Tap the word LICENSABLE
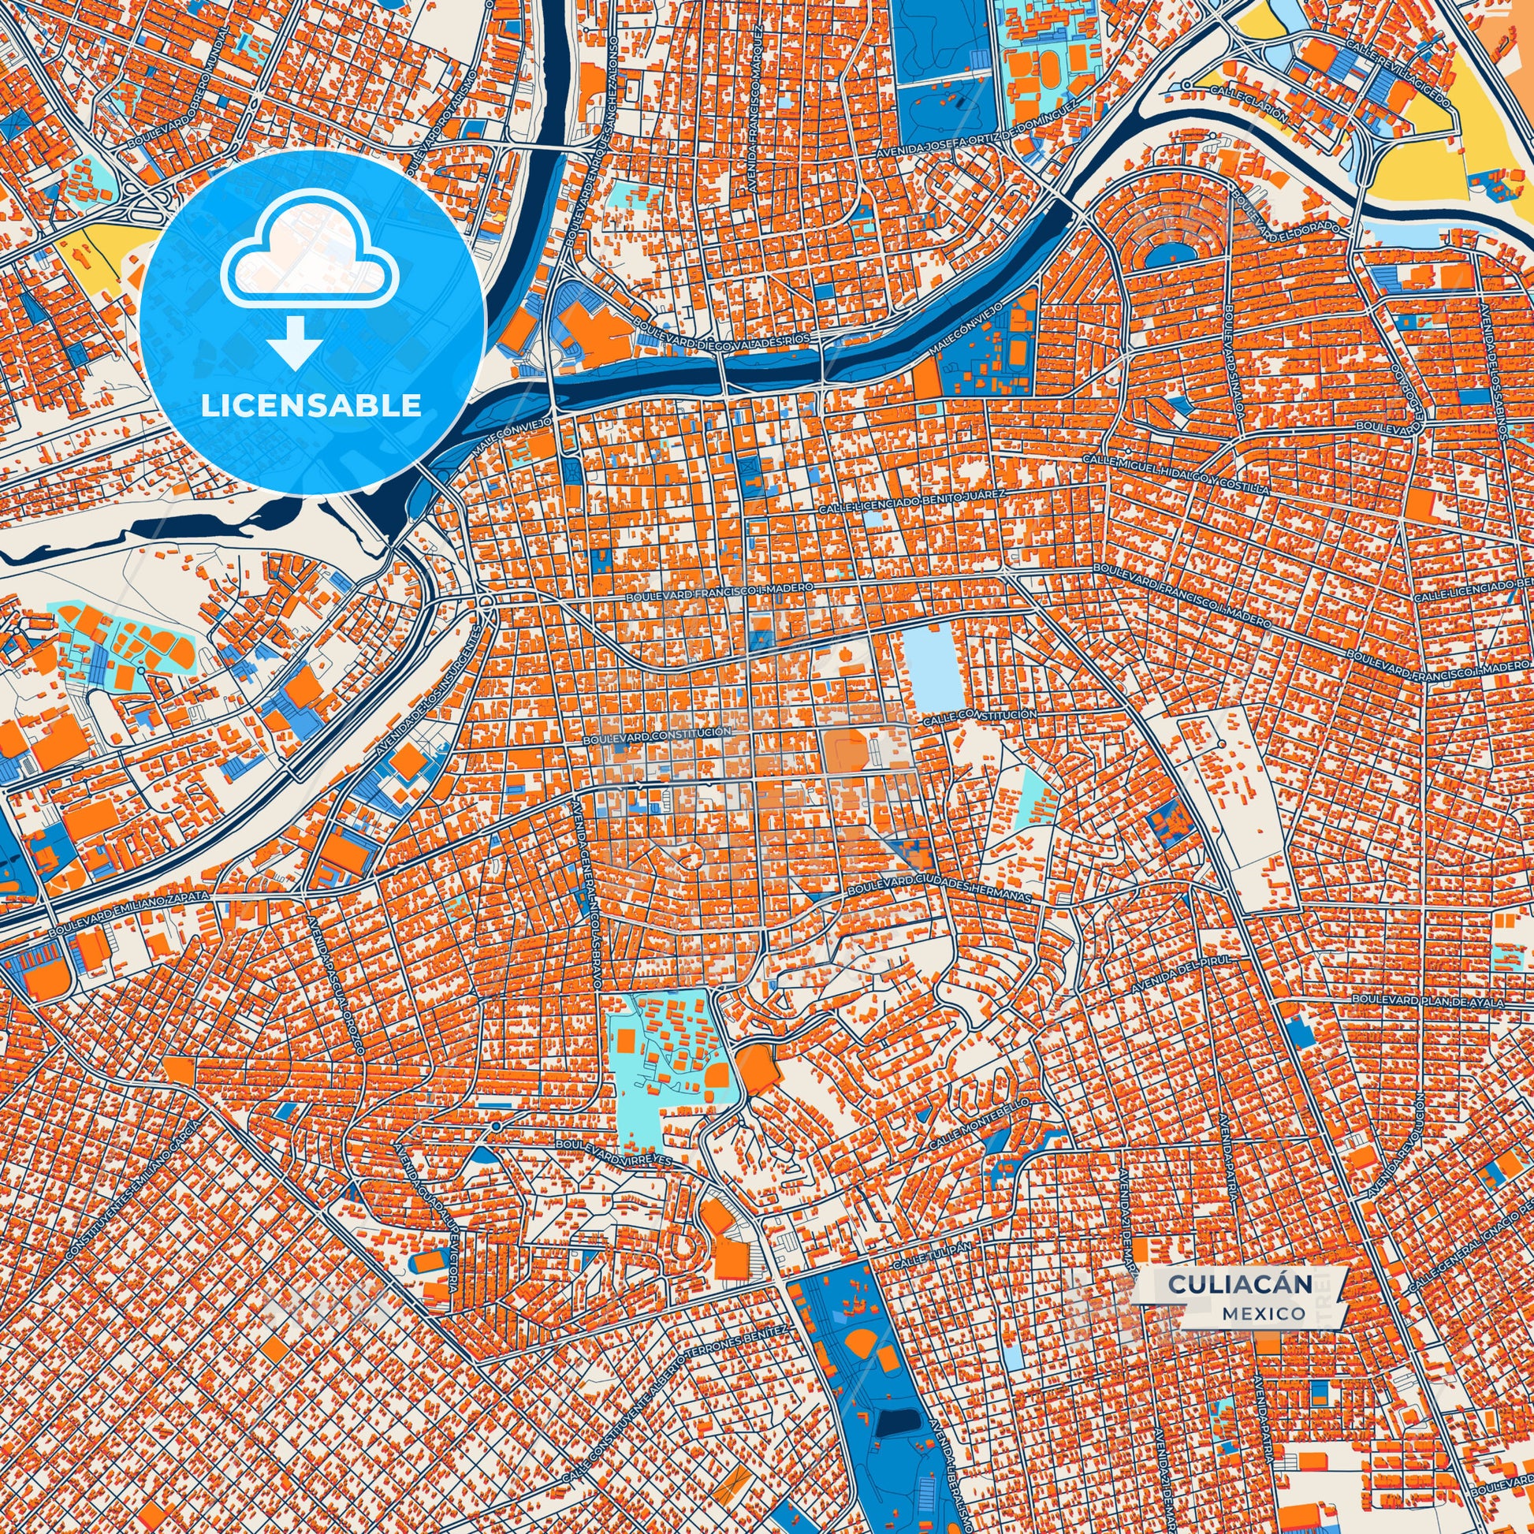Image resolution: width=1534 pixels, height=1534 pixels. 311,406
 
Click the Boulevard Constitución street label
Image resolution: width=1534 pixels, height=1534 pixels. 656,735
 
